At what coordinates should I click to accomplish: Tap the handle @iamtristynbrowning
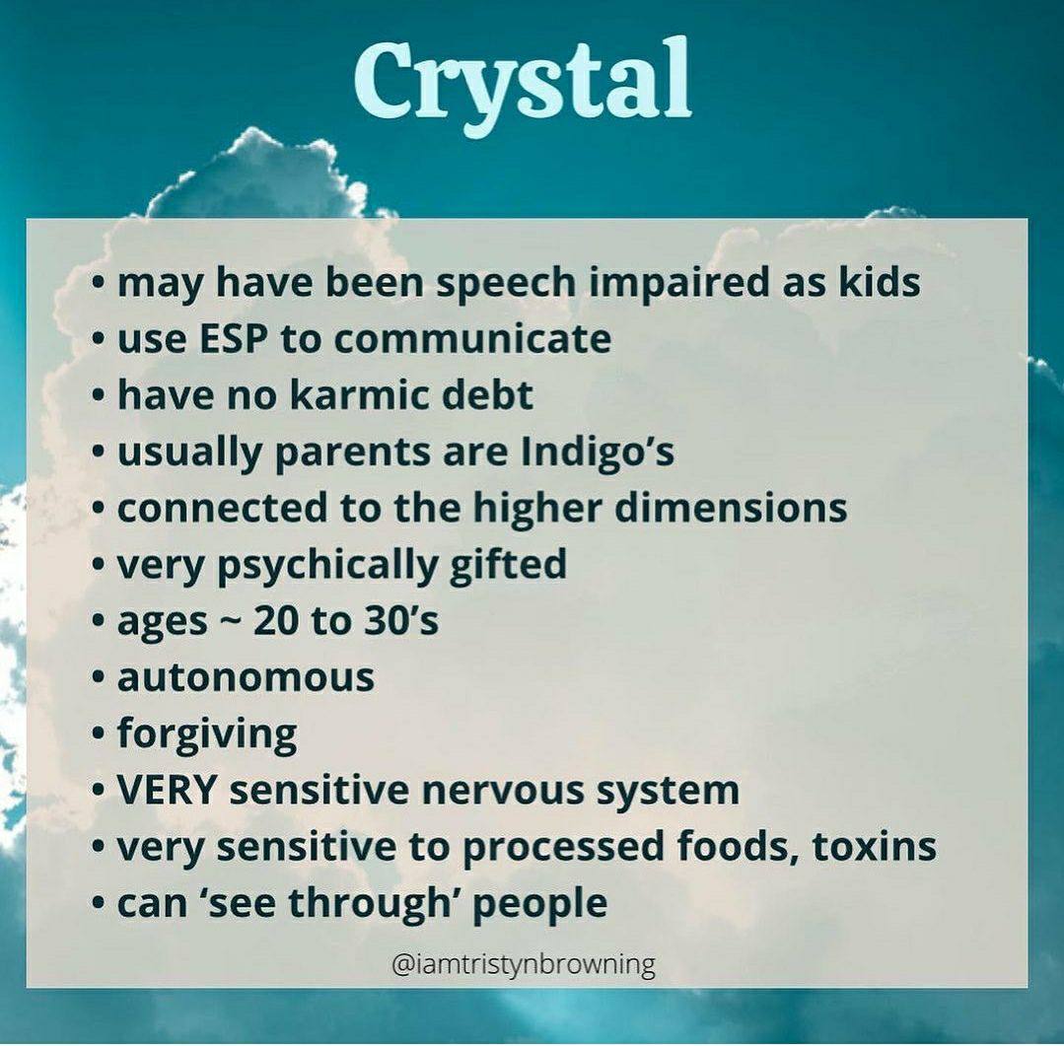524,964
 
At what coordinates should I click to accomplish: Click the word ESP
232,338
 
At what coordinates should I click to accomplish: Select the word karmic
360,394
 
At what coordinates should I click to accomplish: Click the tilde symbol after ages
230,623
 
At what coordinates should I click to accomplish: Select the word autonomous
246,677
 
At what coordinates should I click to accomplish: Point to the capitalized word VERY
167,791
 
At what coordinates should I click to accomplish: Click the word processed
564,848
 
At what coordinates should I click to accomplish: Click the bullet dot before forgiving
99,734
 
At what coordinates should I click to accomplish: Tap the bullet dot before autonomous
99,677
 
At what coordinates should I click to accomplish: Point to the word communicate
472,338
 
